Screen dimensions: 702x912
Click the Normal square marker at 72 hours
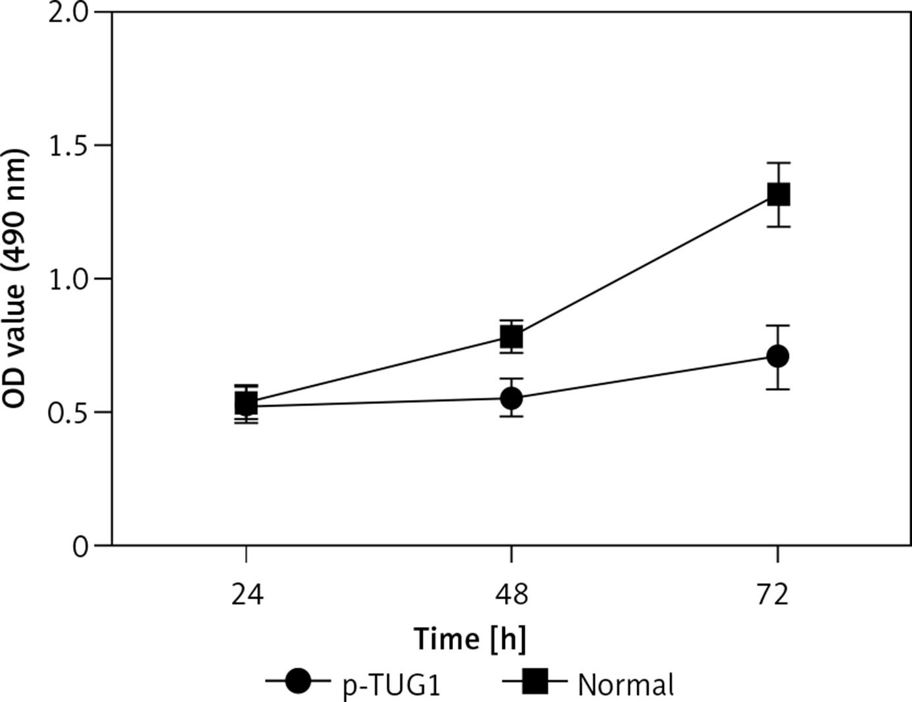click(778, 195)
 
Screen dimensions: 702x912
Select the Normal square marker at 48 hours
click(512, 337)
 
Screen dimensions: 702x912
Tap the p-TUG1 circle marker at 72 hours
click(778, 356)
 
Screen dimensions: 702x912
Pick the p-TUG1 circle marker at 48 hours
click(512, 398)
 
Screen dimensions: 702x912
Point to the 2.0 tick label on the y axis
click(69, 13)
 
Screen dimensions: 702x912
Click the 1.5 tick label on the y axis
click(69, 145)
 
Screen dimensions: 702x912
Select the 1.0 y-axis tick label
click(69, 279)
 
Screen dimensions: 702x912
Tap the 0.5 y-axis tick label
click(69, 413)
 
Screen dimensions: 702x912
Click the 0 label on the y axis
click(80, 546)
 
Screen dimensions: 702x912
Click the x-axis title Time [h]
click(469, 639)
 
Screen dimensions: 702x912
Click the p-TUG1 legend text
click(391, 686)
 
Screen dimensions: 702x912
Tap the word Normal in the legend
click(626, 686)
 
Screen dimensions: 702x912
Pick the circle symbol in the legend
click(299, 682)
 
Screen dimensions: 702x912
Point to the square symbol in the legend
click(535, 682)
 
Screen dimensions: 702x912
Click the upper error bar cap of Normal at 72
click(778, 163)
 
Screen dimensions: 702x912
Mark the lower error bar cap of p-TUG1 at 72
click(778, 389)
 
